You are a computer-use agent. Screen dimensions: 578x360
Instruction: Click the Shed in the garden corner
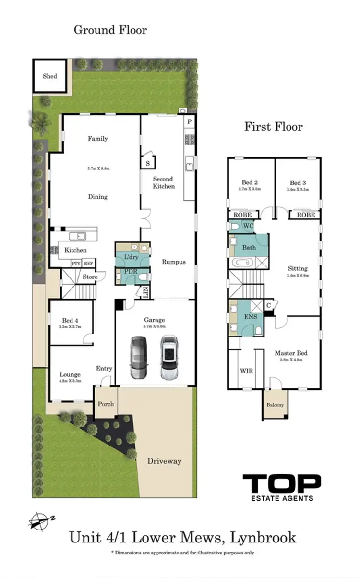49,76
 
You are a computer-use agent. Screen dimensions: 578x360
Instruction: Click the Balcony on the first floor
275,404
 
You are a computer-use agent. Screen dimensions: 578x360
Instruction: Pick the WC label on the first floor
248,225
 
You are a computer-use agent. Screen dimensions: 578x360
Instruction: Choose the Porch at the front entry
106,403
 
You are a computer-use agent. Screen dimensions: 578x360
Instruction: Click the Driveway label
165,461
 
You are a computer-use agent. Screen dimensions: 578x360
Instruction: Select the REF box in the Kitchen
88,263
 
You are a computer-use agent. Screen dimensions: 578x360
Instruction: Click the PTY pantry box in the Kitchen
76,263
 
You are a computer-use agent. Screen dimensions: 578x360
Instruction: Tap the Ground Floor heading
110,30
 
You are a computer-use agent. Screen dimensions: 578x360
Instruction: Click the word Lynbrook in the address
263,537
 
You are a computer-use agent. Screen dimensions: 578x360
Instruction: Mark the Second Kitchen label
164,182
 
